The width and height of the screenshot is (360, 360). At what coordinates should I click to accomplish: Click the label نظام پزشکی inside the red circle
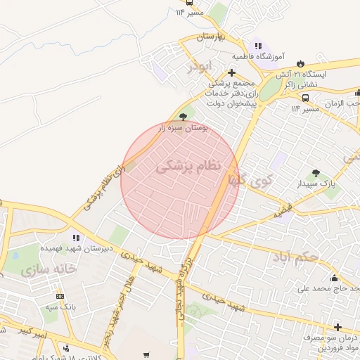[188, 167]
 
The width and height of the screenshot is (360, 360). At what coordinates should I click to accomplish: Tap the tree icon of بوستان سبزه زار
[184, 116]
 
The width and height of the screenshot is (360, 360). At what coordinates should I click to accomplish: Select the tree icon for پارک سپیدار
[316, 172]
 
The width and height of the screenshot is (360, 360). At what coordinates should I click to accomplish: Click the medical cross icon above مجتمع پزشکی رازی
[232, 72]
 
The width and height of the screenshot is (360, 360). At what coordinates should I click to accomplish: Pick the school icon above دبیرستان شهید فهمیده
[75, 237]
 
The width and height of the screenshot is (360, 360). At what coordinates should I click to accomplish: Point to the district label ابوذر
[199, 67]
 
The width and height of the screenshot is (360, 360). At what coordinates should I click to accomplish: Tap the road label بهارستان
[210, 36]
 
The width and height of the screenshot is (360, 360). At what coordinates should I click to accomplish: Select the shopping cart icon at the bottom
[146, 355]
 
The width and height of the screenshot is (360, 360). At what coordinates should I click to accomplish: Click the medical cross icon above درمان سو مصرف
[338, 327]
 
